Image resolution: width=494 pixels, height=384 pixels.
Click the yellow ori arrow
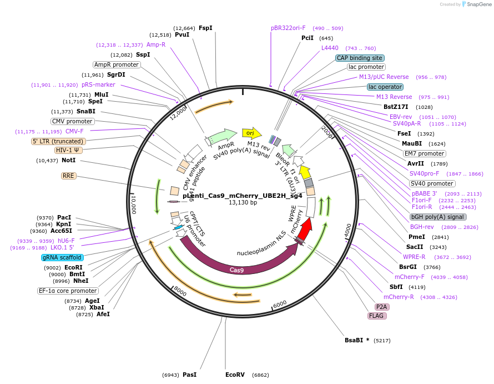[x=252, y=133]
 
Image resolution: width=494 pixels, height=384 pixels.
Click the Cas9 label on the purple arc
[x=236, y=270]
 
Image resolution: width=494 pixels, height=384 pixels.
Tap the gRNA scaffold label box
[x=62, y=257]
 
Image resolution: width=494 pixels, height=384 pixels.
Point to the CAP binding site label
[x=360, y=58]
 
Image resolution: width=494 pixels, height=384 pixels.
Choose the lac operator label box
[x=385, y=87]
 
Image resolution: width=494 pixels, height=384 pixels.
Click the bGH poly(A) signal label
[x=438, y=217]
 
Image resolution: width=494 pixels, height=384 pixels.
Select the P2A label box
[x=381, y=307]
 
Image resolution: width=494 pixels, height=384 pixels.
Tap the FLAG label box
[x=377, y=316]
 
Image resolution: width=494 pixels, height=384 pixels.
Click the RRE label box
[x=68, y=176]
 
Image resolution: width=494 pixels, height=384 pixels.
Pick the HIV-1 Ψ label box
[x=68, y=150]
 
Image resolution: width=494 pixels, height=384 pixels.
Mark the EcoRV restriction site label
[x=235, y=375]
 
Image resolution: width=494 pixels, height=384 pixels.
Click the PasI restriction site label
[x=190, y=375]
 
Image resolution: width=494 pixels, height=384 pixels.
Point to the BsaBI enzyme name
[x=354, y=340]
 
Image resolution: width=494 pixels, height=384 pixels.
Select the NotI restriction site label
[x=69, y=160]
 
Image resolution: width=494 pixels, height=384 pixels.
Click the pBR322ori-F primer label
[x=288, y=28]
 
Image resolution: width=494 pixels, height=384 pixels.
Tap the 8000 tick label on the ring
[x=180, y=291]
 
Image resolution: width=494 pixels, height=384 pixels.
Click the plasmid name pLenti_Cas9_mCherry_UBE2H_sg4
[x=243, y=196]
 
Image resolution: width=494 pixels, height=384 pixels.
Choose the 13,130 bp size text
[x=243, y=203]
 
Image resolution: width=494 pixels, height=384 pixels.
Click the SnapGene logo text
[x=479, y=4]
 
